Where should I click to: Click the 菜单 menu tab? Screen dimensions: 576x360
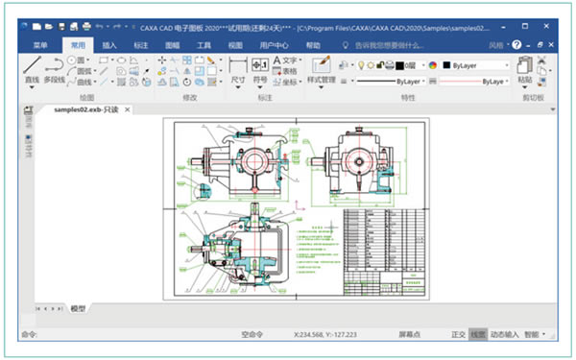[x=39, y=45]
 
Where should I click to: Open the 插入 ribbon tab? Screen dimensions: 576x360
[x=109, y=45]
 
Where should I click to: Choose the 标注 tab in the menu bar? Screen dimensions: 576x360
[x=141, y=45]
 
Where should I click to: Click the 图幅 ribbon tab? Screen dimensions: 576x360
[x=173, y=45]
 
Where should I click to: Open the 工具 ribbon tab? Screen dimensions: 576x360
[x=204, y=45]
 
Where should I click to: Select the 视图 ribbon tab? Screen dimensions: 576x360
[x=235, y=45]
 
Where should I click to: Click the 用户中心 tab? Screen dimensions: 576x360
[x=273, y=45]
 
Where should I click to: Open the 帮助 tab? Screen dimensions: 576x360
[x=314, y=45]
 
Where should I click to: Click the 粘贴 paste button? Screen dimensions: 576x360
[x=525, y=71]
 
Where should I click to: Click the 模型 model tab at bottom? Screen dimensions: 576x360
[x=78, y=309]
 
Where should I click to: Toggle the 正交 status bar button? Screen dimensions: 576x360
[x=458, y=334]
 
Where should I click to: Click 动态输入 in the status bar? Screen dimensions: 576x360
[x=504, y=334]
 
